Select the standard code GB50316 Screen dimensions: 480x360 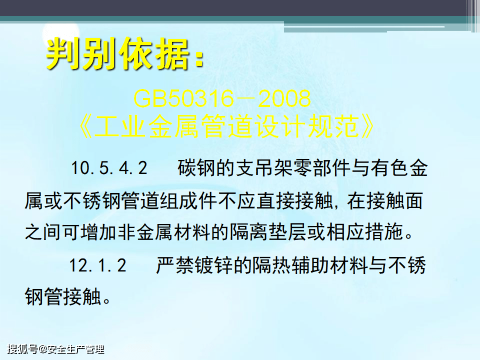pos(183,98)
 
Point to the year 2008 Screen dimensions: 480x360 pos(284,98)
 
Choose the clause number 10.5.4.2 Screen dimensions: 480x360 pos(109,168)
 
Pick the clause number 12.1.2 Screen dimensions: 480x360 pos(97,265)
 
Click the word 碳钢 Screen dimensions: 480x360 pos(196,168)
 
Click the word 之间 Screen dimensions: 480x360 pos(42,232)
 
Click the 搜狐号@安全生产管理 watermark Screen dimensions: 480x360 pos(56,349)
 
